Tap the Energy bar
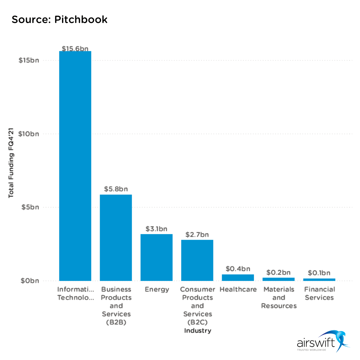156,257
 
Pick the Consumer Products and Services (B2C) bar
197,260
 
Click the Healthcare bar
238,277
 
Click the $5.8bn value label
116,189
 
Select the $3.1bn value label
156,229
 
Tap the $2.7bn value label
197,235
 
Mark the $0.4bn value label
238,269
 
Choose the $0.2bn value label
278,272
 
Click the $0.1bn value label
319,273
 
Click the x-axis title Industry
198,331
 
